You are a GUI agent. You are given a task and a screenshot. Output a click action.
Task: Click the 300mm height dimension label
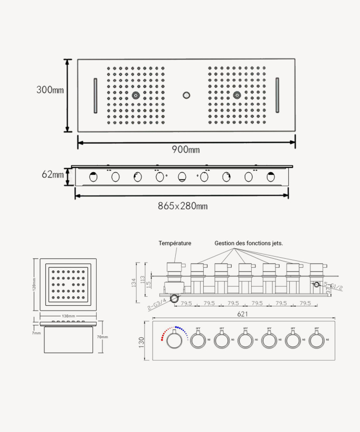[50, 90]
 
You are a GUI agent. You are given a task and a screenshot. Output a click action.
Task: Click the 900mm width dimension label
[186, 149]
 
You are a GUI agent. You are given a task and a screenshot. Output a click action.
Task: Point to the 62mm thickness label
[53, 174]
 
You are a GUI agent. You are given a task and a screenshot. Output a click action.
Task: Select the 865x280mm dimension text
[183, 205]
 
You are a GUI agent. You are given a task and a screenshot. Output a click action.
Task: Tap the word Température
[175, 243]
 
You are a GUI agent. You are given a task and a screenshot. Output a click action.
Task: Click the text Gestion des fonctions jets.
[249, 243]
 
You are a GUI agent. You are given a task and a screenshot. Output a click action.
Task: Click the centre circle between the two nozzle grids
[186, 96]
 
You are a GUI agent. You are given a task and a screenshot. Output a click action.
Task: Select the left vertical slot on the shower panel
[96, 96]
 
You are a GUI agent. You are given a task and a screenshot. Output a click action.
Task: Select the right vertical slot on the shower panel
[277, 96]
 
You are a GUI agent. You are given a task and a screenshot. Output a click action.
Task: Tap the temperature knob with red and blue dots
[173, 341]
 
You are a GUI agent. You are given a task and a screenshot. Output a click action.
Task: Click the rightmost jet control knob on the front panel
[316, 341]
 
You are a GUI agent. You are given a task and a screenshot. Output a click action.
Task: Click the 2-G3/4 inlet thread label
[157, 303]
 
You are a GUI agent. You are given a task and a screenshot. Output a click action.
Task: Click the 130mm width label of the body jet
[68, 316]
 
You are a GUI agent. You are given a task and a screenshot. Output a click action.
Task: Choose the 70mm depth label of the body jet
[102, 337]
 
